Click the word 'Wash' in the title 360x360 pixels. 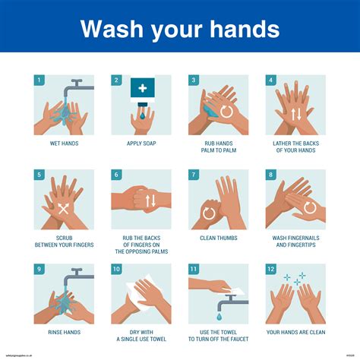[x=112, y=29]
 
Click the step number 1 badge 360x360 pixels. [x=39, y=80]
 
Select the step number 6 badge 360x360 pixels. [x=116, y=175]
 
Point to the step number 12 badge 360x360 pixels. [x=270, y=269]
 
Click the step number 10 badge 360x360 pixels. [x=117, y=269]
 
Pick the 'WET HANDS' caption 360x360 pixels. [x=64, y=143]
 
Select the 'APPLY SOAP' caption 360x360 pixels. [x=141, y=143]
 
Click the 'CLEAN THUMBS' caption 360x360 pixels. [x=218, y=238]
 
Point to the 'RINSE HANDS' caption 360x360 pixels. [x=64, y=332]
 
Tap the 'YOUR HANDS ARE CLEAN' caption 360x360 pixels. [x=295, y=332]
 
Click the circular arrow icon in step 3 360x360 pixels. [x=226, y=111]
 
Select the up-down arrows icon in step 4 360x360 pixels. [x=295, y=115]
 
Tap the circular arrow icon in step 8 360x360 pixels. [x=310, y=207]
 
